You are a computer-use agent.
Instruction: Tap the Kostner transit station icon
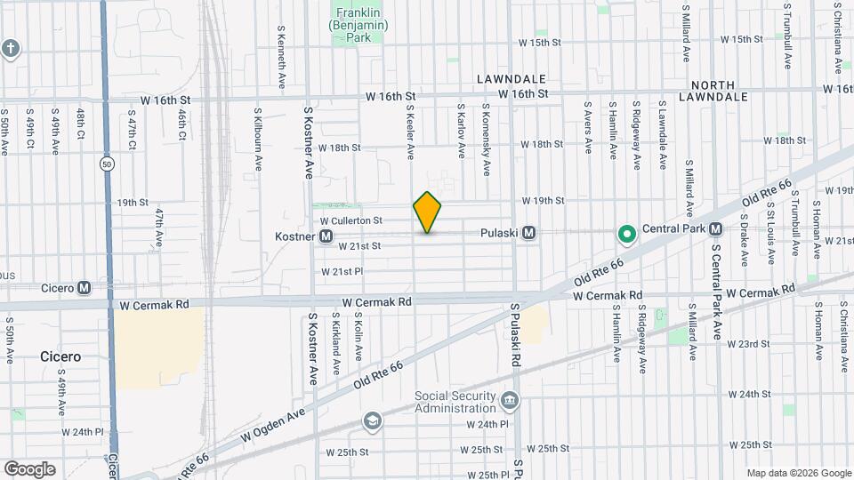(x=326, y=236)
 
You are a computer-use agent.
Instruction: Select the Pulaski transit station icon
(x=528, y=233)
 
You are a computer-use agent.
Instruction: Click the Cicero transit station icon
(x=84, y=287)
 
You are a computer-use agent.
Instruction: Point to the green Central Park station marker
(x=626, y=234)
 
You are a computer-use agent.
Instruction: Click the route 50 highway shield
(x=107, y=164)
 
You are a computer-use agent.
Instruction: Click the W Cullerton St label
(x=350, y=220)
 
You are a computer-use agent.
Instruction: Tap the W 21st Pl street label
(x=342, y=271)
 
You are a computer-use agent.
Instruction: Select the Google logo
(x=29, y=468)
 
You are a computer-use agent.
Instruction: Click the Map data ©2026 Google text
(x=798, y=472)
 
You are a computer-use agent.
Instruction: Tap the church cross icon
(x=10, y=48)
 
